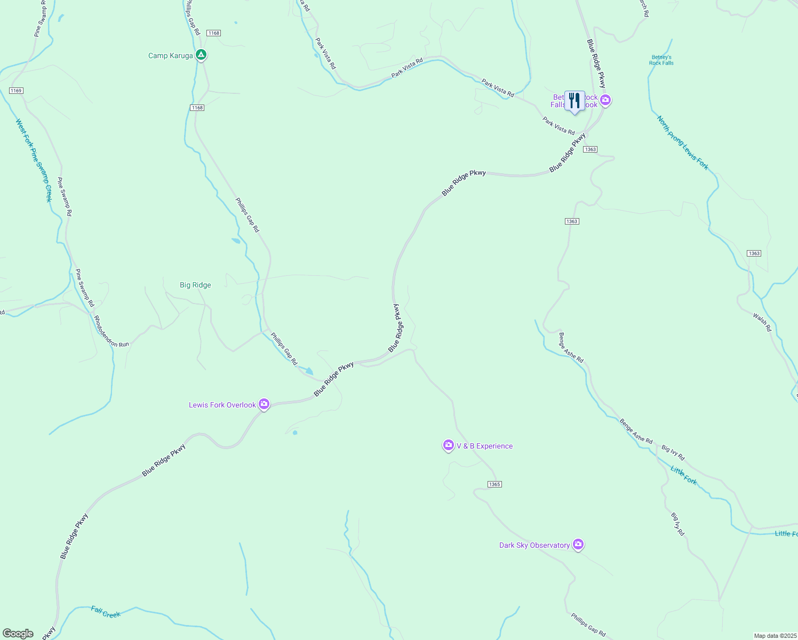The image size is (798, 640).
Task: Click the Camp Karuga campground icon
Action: point(201,55)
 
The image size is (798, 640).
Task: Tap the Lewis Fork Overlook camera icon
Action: point(264,404)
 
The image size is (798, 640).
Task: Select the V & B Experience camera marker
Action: point(448,445)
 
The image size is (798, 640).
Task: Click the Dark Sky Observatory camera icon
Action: point(578,545)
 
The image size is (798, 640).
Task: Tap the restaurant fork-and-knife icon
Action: point(574,101)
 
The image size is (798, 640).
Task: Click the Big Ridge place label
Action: point(195,285)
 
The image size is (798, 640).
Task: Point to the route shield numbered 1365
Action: point(494,484)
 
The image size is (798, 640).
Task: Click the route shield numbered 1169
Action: point(16,91)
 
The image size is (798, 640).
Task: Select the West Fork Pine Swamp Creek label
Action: point(34,160)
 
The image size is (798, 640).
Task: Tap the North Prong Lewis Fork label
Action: point(683,143)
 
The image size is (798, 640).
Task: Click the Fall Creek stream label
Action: point(106,612)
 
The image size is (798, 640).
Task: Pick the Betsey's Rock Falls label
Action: point(661,60)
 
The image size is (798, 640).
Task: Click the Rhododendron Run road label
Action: point(111,332)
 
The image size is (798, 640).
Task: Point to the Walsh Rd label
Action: point(762,323)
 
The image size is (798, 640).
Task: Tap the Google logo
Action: point(18,634)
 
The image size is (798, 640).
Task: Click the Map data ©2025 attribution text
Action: point(775,636)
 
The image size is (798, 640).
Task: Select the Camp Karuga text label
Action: point(170,56)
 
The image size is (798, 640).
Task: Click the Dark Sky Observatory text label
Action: point(534,546)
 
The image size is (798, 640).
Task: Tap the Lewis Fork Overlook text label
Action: point(222,405)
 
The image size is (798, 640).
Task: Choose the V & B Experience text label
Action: point(484,446)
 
